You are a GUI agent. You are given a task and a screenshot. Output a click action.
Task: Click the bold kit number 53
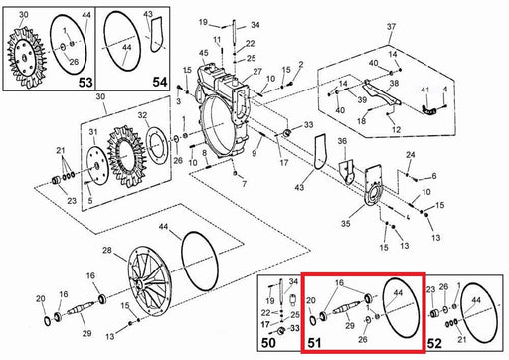85,82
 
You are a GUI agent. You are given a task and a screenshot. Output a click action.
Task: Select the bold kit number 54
160,82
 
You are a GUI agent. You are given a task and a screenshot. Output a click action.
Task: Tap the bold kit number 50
268,343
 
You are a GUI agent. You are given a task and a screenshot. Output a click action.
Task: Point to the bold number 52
434,344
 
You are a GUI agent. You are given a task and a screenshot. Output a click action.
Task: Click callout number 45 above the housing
204,53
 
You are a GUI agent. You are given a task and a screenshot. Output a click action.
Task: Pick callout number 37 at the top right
391,26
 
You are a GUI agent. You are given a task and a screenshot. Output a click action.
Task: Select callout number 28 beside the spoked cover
107,250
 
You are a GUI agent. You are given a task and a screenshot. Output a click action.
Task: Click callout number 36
342,141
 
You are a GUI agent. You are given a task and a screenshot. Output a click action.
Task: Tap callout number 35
345,223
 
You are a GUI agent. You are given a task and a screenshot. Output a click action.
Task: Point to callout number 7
244,184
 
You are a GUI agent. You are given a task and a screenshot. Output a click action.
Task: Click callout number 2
301,64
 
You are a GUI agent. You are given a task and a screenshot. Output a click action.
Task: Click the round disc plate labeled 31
96,166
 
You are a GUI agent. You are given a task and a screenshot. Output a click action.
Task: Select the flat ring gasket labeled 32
156,145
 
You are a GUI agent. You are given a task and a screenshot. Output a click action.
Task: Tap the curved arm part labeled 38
381,93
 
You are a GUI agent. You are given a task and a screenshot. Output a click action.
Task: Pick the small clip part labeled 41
429,110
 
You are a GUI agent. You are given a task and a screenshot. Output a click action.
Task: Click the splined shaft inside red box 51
347,309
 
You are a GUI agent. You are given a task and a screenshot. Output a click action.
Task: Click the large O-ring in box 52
479,313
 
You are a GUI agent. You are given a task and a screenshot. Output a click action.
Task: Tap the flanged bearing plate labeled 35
373,186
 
